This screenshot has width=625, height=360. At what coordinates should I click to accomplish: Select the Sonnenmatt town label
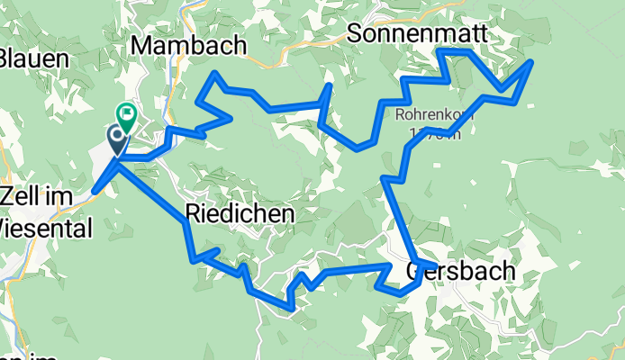416,33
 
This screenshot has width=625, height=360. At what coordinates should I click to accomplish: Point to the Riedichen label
240,213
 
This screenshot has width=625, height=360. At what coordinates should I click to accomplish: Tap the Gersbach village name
461,270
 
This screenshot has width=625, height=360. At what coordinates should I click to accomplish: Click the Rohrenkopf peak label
429,115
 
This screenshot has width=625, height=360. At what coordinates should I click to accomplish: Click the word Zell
21,195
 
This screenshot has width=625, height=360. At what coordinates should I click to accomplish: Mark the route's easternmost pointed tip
532,61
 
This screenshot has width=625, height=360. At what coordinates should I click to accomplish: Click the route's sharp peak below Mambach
215,73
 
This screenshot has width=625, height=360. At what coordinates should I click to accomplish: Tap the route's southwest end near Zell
94,191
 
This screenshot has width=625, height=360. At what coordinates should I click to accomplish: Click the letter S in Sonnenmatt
354,34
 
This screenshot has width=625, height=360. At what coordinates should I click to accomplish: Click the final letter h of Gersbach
509,270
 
